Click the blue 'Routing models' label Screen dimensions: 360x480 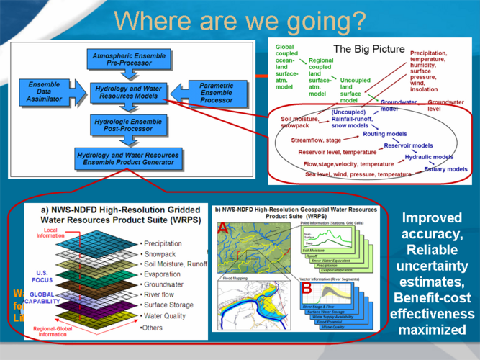pyautogui.click(x=384, y=134)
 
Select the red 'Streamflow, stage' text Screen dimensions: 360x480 pyautogui.click(x=317, y=140)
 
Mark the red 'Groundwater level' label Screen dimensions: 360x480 pyautogui.click(x=445, y=106)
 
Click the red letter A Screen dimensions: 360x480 pyautogui.click(x=223, y=228)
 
